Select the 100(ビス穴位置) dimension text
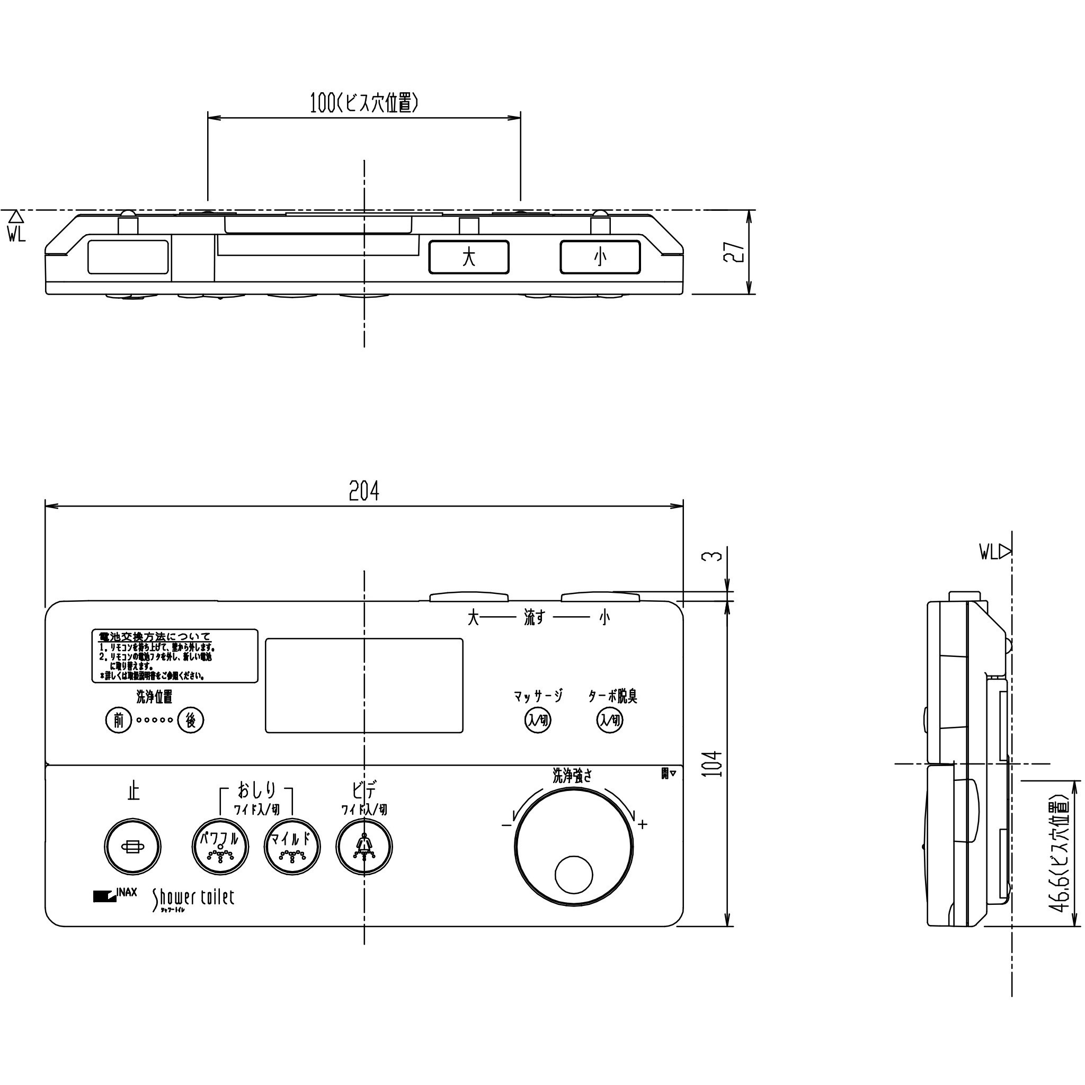tap(364, 103)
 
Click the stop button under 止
tap(132, 847)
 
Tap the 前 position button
tap(119, 720)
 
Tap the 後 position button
tap(190, 720)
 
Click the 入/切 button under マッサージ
tap(537, 720)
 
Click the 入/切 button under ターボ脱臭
tap(610, 720)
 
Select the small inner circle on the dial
tap(573, 874)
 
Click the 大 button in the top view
tap(469, 257)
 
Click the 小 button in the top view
tap(600, 257)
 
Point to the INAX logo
tap(115, 895)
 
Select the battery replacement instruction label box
tap(175, 656)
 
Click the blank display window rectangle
tap(364, 685)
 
